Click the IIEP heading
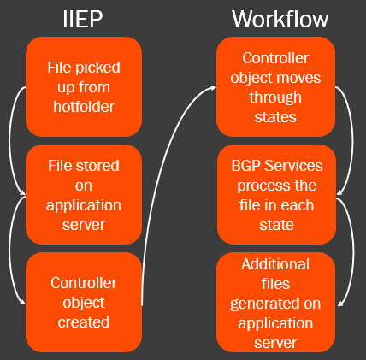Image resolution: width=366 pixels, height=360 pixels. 83,19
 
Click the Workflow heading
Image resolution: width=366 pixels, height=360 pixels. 280,19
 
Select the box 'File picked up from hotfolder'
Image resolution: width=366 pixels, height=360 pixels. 84,86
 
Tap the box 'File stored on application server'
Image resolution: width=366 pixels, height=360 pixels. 84,195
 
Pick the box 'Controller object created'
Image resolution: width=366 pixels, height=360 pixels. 84,302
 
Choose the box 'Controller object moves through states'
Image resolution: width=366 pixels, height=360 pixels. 275,86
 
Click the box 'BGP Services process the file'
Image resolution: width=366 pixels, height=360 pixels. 276,195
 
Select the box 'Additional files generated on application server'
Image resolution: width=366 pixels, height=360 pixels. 275,302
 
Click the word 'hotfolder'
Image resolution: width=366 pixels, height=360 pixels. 84,107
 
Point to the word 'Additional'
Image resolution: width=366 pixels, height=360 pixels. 275,264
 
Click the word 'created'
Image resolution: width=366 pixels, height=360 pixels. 84,322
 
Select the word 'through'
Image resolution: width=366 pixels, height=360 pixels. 275,98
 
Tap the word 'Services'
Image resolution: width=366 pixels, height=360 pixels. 293,166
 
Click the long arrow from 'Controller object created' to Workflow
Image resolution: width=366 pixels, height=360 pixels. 166,160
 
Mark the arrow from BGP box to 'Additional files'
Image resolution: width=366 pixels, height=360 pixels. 354,251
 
